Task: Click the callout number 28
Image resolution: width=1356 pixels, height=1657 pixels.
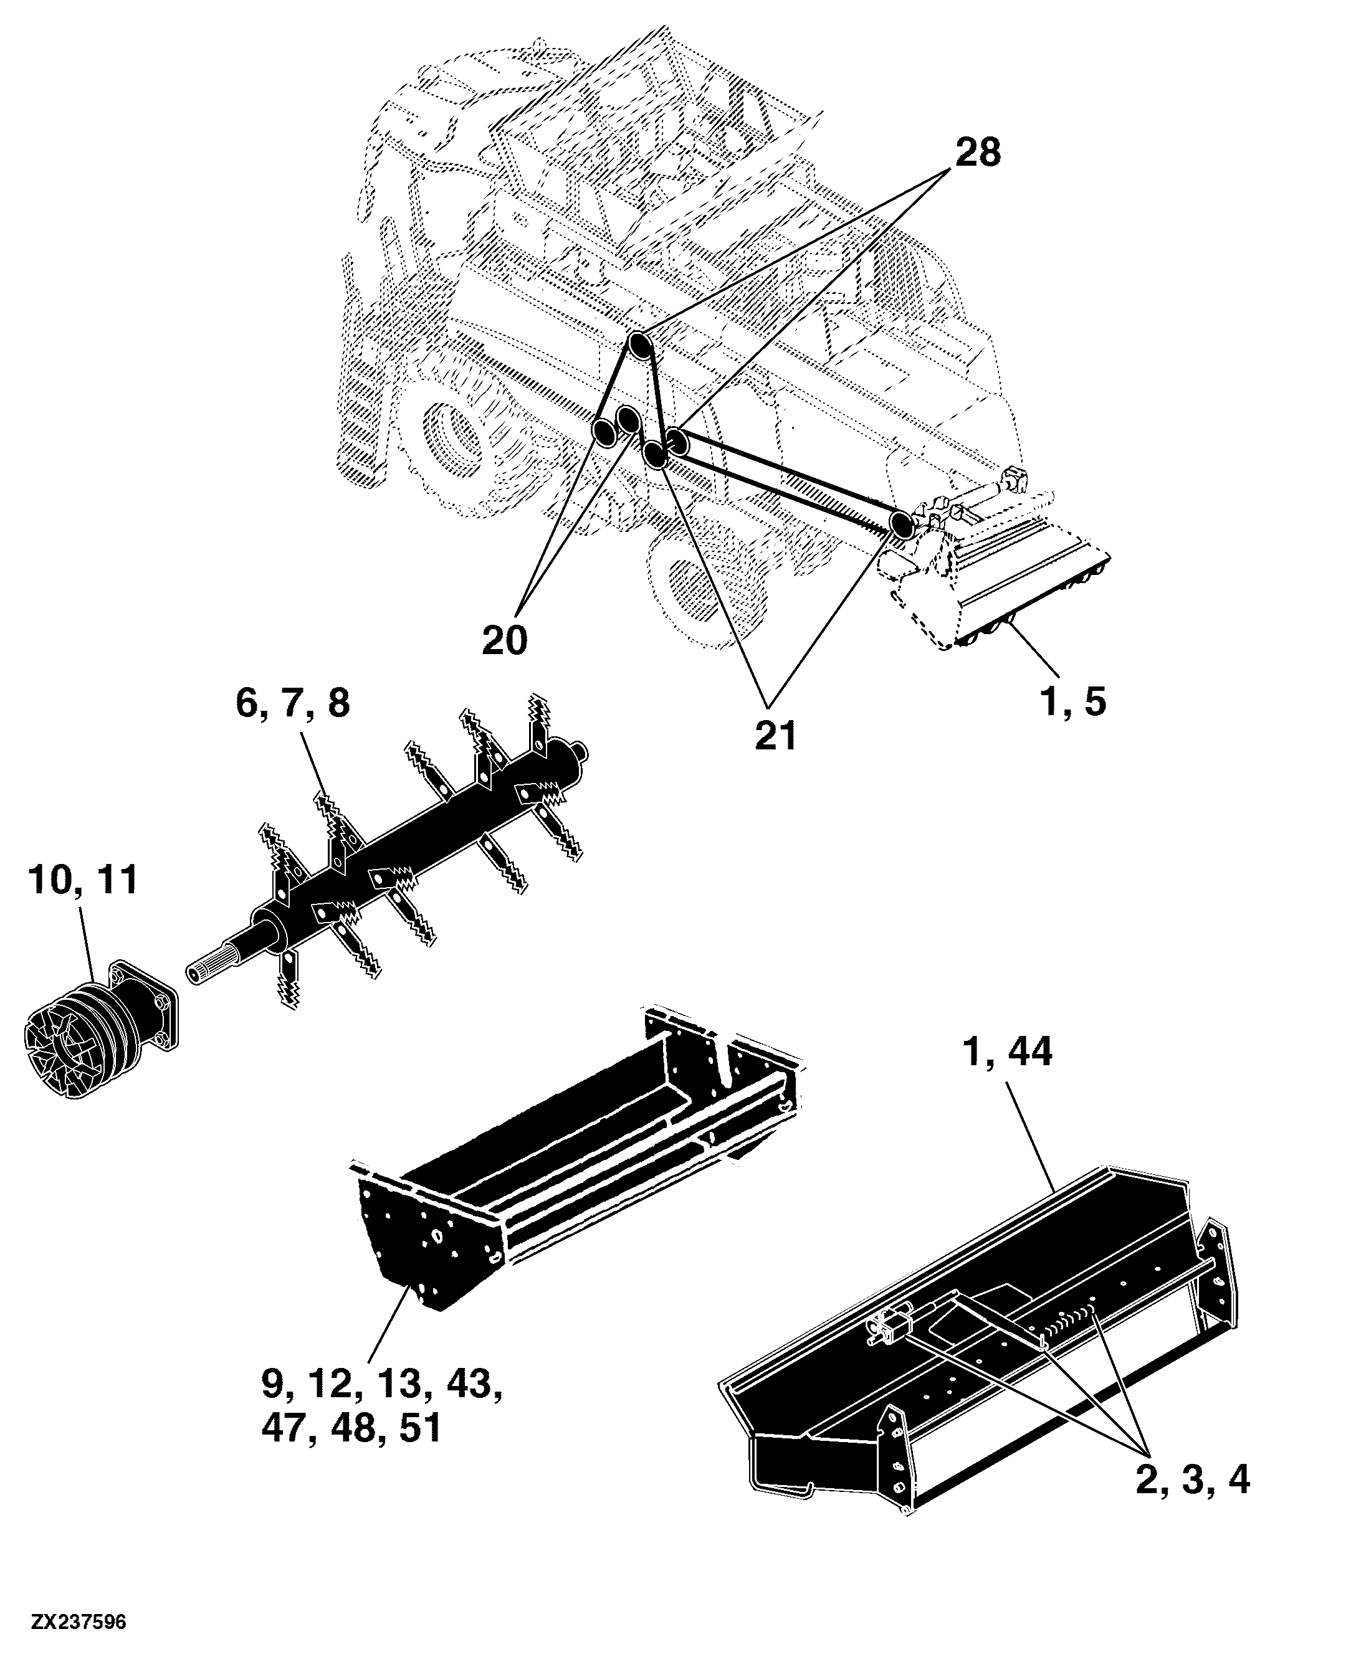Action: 978,151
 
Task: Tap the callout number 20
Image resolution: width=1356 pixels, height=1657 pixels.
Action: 505,641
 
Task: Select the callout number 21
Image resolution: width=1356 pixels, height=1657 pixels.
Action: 776,735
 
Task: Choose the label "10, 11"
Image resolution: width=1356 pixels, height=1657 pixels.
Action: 83,880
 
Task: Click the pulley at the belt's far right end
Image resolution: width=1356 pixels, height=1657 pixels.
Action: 900,523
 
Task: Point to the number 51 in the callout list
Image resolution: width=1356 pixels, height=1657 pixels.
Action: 421,1428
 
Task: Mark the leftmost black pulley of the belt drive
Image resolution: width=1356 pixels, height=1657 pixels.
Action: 604,430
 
